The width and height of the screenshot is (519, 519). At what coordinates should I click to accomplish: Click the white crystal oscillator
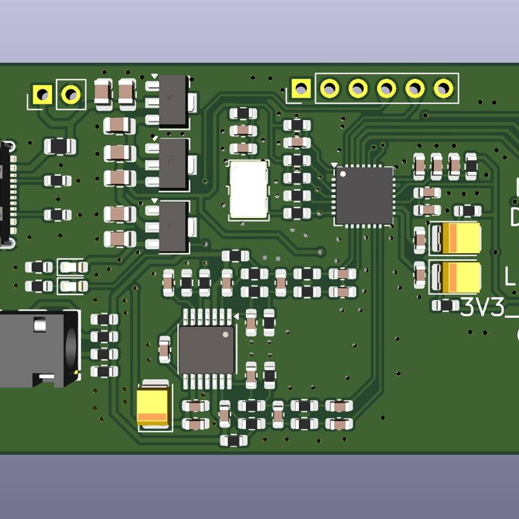(x=248, y=189)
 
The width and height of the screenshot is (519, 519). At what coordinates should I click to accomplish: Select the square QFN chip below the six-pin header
(x=363, y=195)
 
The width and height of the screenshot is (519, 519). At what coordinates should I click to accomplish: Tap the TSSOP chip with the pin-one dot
(x=206, y=350)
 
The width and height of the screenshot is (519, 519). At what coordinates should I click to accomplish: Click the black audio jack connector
(x=36, y=349)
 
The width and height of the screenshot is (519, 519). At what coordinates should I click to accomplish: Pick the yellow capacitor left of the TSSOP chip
(x=154, y=405)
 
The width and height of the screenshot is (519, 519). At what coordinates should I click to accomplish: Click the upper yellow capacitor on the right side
(x=457, y=238)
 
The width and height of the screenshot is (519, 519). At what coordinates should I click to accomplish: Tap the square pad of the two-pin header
(x=43, y=94)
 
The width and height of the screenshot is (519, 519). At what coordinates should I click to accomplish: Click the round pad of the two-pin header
(x=71, y=94)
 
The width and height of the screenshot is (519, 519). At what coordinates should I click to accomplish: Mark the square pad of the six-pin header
(x=300, y=88)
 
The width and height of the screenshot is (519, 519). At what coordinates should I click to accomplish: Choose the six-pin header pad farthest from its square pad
(x=444, y=88)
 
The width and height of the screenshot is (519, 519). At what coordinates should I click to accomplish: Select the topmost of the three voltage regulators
(x=172, y=101)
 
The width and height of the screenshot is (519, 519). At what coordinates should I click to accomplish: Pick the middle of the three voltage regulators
(x=172, y=164)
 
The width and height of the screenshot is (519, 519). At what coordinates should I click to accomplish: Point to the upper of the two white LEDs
(x=73, y=267)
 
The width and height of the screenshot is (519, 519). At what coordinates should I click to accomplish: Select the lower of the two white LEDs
(x=73, y=285)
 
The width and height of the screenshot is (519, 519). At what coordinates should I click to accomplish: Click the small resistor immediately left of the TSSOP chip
(x=165, y=349)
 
